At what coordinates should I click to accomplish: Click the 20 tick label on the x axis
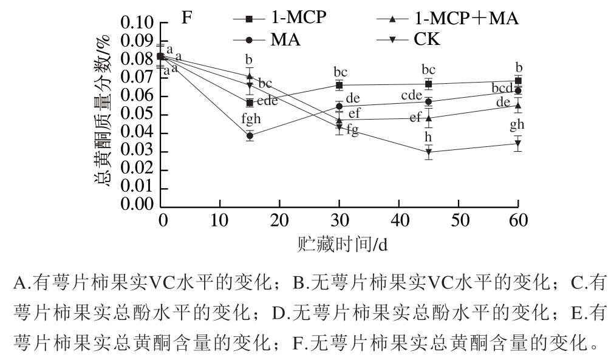(x=280, y=219)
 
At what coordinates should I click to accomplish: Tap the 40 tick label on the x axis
(x=399, y=219)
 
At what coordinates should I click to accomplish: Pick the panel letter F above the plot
(x=188, y=18)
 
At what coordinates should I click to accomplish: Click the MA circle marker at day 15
(x=250, y=136)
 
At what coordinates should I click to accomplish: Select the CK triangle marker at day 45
(x=429, y=152)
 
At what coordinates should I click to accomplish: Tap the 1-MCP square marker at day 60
(x=518, y=81)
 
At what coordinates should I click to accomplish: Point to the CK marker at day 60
(x=518, y=144)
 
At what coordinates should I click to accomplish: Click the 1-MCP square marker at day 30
(x=339, y=85)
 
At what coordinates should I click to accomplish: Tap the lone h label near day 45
(x=429, y=137)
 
